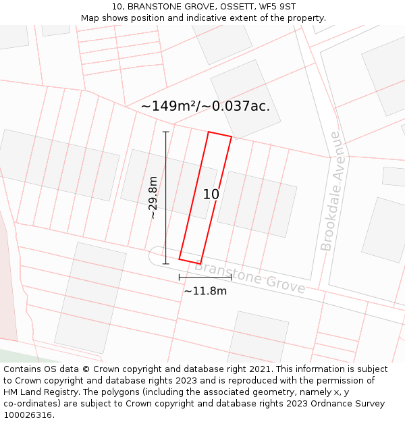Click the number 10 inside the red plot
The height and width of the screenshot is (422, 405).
click(211, 194)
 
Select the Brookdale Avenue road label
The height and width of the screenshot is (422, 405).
click(331, 191)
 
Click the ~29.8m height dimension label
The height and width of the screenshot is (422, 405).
click(154, 197)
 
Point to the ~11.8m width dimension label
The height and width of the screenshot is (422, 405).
click(205, 291)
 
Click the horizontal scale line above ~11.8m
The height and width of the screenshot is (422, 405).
click(205, 277)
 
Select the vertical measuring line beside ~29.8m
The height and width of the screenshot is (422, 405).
click(166, 197)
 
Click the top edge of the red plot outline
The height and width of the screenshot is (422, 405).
click(220, 134)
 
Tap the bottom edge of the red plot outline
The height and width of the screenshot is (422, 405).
click(190, 261)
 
